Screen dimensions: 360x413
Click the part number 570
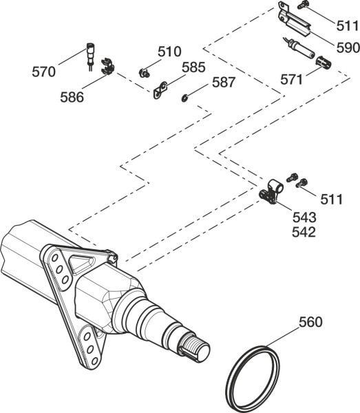[x=44, y=72]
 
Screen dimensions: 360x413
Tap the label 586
[x=72, y=97]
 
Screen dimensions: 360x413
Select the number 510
[x=169, y=52]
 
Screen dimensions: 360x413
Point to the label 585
[x=193, y=67]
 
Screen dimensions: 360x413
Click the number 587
[x=224, y=83]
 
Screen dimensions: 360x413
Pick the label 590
[x=348, y=47]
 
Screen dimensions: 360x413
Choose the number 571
[x=291, y=80]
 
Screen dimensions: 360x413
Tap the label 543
[x=304, y=218]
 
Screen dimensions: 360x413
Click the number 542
[x=304, y=233]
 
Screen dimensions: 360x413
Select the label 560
[x=310, y=322]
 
